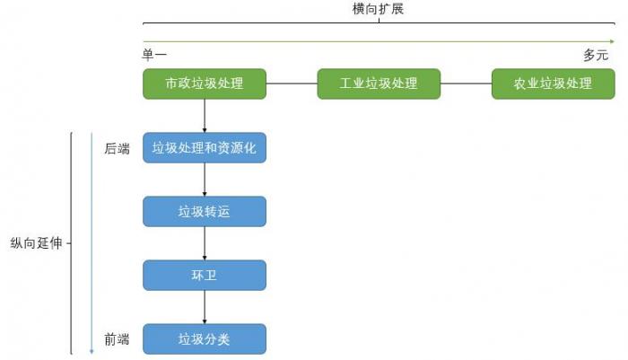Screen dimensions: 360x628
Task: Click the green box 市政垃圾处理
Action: [x=205, y=83]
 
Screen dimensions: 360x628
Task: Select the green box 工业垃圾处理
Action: [x=379, y=83]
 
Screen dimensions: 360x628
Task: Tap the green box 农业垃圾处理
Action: [x=553, y=83]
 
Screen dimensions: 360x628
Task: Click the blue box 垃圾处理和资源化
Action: [x=205, y=148]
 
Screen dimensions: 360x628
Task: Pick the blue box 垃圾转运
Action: [x=205, y=212]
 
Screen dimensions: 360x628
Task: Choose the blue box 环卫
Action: [x=205, y=276]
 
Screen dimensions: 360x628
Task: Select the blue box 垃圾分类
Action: [x=205, y=339]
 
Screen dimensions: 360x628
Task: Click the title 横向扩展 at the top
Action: [x=378, y=10]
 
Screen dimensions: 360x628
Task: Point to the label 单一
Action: [x=155, y=56]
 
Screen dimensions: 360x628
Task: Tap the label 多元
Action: [x=596, y=56]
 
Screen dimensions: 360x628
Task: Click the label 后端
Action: [x=117, y=149]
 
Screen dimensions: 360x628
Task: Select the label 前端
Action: [x=117, y=339]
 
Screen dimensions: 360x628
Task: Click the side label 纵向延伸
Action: [x=37, y=243]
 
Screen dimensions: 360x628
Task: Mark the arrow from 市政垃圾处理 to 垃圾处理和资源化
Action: [x=205, y=116]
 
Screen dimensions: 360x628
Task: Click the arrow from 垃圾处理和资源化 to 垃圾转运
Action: [x=205, y=180]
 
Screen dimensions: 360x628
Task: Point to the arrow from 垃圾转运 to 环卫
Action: [x=205, y=243]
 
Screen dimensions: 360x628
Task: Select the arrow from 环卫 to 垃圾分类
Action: [x=205, y=307]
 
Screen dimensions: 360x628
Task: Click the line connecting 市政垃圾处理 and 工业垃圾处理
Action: [x=292, y=83]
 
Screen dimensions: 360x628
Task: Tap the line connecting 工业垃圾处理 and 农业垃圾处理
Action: [x=466, y=83]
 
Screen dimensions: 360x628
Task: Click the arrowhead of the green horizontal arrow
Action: [x=612, y=40]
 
